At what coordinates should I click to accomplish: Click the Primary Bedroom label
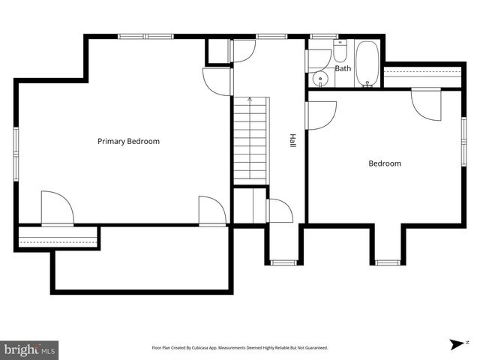tap(128, 141)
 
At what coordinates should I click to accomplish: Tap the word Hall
tap(292, 140)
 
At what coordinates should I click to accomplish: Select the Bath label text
tap(343, 68)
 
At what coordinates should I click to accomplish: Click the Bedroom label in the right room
tap(384, 163)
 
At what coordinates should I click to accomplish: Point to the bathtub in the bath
tap(367, 63)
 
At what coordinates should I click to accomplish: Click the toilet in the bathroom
tap(340, 52)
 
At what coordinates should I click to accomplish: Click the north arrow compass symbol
tap(456, 343)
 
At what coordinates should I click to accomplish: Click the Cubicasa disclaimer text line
tap(240, 348)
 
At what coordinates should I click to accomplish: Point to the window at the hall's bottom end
tap(283, 262)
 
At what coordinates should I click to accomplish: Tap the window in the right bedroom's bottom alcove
tap(388, 262)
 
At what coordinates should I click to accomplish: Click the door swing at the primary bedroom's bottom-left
tap(57, 208)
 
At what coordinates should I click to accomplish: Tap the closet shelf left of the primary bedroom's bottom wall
tap(58, 239)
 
